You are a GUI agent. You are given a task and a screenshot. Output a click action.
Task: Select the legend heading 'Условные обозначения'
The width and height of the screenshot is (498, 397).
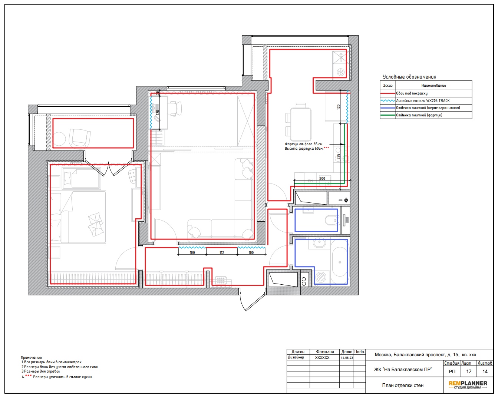coord(409,77)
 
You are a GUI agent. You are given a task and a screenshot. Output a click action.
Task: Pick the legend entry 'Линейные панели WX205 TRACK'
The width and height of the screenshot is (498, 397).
coord(423,100)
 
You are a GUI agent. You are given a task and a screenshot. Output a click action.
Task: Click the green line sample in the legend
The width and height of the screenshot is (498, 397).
coord(387,115)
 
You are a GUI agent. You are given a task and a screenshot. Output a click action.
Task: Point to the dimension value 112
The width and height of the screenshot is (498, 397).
coord(221,252)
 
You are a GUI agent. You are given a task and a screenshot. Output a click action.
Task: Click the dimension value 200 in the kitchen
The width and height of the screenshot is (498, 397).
coord(322,178)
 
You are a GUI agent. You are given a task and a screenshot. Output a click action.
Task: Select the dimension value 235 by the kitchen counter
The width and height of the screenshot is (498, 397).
coord(339,157)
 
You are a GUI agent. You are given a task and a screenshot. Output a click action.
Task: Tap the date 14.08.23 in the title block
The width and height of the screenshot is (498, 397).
coord(347,357)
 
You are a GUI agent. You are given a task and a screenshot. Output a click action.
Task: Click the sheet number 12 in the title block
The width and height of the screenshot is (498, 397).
coord(469,371)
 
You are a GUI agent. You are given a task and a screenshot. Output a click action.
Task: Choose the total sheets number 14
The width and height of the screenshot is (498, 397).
coord(485,371)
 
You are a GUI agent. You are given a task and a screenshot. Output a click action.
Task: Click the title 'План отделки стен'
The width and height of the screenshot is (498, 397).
coord(403,385)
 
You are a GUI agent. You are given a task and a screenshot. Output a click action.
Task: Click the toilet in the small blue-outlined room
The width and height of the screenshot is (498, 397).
coord(331,220)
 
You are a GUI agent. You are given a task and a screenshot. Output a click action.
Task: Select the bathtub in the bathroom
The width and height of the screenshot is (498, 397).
coord(340,262)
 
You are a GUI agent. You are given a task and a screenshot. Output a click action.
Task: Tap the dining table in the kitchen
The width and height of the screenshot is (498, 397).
coord(301,124)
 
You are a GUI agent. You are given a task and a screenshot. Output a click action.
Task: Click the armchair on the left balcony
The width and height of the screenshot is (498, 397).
coord(80,138)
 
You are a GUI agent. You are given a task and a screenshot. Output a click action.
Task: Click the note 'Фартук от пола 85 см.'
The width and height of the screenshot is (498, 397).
coord(304,144)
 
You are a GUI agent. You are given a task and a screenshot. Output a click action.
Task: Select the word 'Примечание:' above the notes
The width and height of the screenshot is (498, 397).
coord(32,357)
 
